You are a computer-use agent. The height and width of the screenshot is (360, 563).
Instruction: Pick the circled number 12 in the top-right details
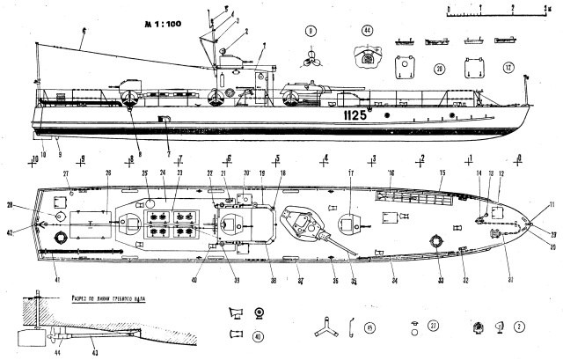(x=508, y=67)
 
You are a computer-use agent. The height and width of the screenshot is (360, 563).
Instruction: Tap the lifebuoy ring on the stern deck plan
(x=62, y=238)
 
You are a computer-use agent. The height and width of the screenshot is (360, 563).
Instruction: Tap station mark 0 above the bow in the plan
(x=519, y=158)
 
